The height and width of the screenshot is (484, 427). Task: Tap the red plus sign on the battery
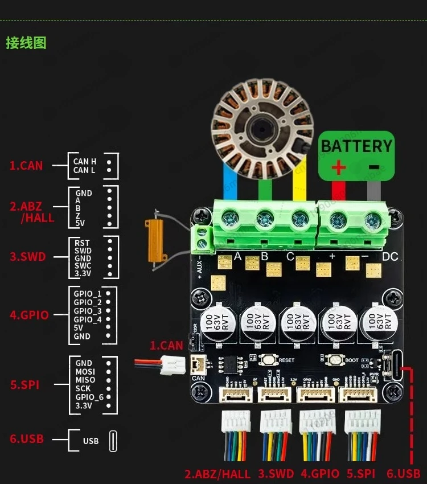339,167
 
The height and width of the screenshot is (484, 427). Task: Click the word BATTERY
356,146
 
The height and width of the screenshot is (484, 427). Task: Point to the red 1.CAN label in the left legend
26,166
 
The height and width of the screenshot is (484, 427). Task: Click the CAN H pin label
85,162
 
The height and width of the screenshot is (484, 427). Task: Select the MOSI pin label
85,372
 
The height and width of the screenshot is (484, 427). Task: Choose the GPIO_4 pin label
88,319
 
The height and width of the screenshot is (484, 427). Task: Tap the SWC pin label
83,266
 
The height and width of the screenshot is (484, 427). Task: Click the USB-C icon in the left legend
113,441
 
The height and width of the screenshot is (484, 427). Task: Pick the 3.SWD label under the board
276,474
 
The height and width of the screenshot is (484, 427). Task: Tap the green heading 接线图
26,43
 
